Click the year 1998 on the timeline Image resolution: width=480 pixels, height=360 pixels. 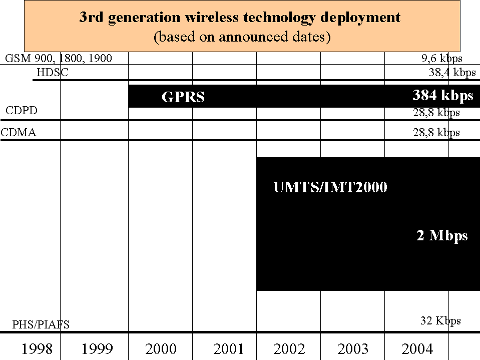pos(37,348)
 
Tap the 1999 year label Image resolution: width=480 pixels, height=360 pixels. pos(97,348)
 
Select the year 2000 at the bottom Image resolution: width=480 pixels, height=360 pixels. pos(161,348)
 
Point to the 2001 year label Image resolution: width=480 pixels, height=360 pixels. pos(228,348)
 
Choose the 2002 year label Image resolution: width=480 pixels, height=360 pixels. pos(289,348)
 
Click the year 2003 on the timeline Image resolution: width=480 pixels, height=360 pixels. pos(353,348)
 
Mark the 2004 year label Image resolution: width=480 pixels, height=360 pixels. pos(417,348)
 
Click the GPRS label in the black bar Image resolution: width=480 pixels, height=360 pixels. pos(183,97)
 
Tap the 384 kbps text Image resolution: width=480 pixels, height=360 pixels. pos(443,95)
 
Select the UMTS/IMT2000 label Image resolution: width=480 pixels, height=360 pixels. pos(330,188)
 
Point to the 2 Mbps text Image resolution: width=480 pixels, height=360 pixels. pos(442,235)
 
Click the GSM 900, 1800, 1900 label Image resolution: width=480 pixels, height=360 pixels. pos(59,59)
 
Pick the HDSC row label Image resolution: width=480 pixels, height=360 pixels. pos(53,72)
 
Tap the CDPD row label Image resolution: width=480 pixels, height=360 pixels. pos(22,111)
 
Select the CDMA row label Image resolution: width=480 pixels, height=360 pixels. pos(19,133)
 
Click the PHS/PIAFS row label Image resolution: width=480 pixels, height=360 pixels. pos(41,325)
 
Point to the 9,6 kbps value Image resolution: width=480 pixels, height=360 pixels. pos(441,59)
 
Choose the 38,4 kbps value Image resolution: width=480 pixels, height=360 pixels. pos(452,72)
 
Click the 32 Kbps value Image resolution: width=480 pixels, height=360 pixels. pos(440,321)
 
